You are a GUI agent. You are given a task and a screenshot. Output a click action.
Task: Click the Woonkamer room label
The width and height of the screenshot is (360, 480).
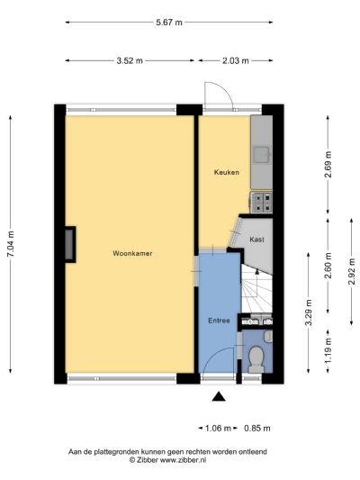tap(132, 254)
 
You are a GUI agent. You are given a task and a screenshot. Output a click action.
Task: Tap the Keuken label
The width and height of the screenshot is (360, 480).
tap(226, 172)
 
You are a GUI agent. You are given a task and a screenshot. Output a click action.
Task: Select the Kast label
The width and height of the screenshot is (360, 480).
tap(256, 240)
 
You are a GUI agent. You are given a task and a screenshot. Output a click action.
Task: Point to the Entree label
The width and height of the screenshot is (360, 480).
tap(219, 321)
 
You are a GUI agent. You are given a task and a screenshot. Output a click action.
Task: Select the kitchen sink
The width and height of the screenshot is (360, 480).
tap(261, 158)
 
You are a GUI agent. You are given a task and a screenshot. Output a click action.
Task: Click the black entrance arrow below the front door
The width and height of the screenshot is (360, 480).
tap(219, 395)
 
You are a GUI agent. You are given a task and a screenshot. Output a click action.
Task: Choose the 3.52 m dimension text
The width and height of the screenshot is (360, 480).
tap(130, 61)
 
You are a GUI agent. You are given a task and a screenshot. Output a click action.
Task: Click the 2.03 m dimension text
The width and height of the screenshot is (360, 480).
tap(236, 61)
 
